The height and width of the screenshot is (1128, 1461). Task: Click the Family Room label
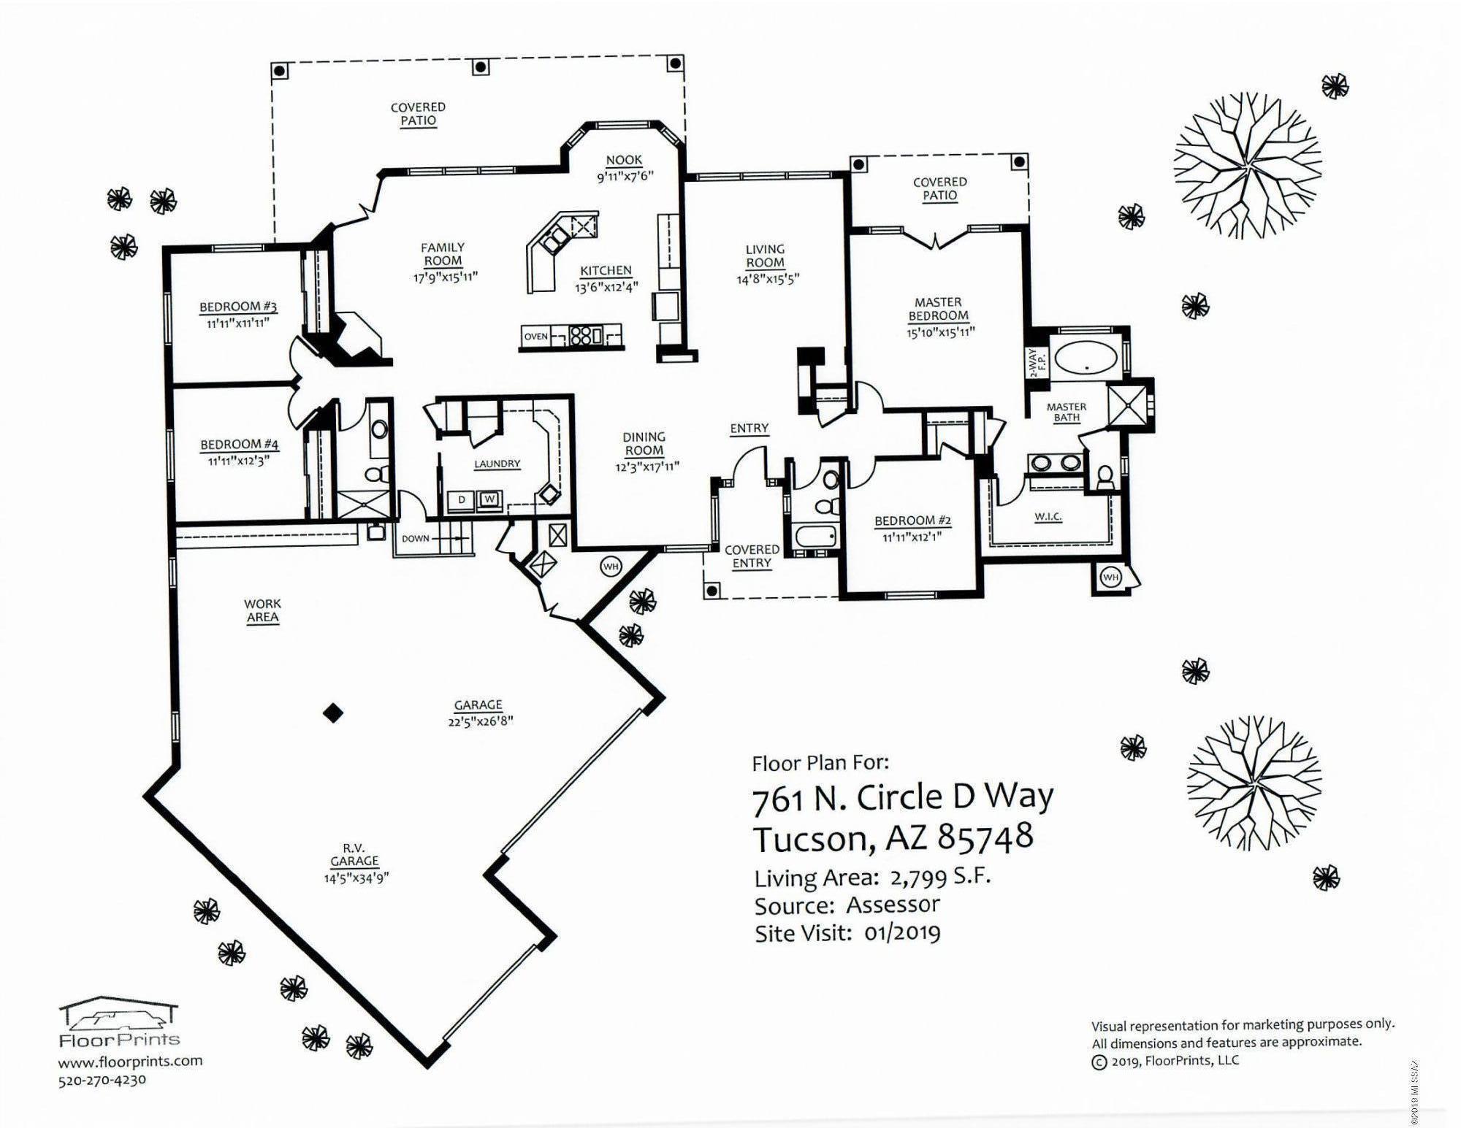pos(443,254)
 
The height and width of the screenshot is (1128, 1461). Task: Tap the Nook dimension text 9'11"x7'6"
pos(625,176)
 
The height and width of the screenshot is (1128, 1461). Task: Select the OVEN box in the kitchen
pos(536,337)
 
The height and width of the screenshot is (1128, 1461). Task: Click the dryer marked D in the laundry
pos(462,500)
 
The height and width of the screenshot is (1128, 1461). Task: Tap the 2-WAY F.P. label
pos(1037,363)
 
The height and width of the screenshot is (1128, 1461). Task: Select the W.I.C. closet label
pos(1048,517)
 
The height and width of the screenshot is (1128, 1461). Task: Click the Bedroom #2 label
pos(912,521)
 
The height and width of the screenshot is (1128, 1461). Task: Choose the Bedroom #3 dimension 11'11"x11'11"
pos(237,323)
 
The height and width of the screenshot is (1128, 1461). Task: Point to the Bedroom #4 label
pos(239,445)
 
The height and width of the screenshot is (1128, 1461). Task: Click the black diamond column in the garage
pos(333,713)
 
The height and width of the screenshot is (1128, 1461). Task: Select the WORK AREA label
pos(262,610)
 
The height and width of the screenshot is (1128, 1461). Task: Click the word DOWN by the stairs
pos(416,539)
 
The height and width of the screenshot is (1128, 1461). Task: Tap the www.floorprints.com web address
pos(130,1062)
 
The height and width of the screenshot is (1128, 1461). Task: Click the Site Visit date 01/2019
pos(902,933)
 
